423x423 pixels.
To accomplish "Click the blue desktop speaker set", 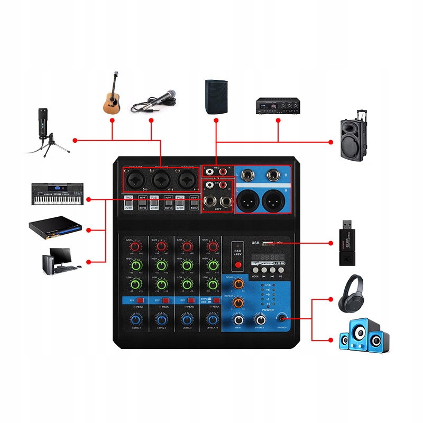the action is [363, 335].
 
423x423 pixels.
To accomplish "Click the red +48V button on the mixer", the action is [238, 264].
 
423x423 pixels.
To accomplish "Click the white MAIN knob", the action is [239, 320].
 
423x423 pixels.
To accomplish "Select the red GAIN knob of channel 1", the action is [135, 246].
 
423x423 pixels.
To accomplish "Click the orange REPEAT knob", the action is [238, 303].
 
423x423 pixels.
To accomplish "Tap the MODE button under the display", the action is [255, 271].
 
